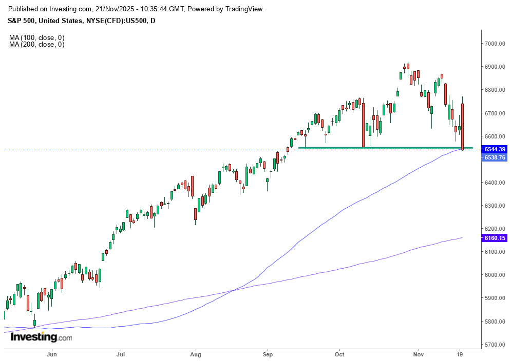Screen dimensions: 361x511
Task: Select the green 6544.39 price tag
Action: click(495, 149)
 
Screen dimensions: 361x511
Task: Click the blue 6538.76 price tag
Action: click(495, 157)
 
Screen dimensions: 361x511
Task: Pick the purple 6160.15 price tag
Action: click(495, 238)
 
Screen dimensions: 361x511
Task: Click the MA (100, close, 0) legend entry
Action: click(36, 38)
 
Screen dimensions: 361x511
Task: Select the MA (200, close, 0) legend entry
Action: click(36, 45)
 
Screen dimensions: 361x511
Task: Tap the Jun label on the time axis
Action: click(51, 353)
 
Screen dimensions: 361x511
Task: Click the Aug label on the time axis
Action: click(195, 353)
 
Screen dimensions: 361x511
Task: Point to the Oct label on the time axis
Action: click(339, 353)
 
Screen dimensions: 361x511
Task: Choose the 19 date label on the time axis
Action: click(461, 353)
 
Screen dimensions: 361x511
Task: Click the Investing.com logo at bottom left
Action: click(41, 337)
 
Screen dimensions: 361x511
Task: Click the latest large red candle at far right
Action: click(463, 126)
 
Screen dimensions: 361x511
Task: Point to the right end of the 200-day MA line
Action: click(462, 238)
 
